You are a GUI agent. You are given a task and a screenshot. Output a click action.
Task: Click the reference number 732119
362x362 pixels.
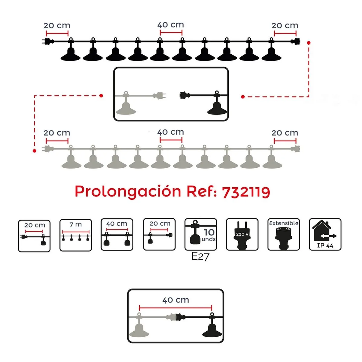tap(246, 192)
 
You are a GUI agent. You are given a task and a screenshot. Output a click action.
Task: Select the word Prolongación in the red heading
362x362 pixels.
tap(128, 192)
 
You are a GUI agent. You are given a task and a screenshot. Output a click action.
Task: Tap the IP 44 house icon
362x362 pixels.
tap(325, 235)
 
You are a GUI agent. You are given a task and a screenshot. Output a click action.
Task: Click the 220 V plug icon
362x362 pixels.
tap(242, 235)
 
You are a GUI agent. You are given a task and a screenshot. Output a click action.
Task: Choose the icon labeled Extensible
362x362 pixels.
tap(284, 235)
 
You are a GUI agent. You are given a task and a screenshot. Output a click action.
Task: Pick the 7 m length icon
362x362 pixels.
tap(76, 235)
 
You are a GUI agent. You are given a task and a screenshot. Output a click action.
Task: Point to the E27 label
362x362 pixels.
tap(200, 257)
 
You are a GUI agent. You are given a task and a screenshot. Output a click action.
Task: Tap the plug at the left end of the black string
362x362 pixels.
tap(47, 41)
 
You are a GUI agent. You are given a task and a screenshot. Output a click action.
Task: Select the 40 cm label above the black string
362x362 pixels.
tap(171, 25)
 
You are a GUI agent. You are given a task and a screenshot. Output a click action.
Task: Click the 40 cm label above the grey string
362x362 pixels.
tap(171, 132)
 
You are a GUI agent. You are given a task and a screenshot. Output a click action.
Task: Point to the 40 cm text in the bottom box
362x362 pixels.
tap(176, 300)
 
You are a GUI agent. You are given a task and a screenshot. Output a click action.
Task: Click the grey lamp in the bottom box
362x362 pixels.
tap(139, 329)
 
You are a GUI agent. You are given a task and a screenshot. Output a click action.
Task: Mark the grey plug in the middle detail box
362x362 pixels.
tap(159, 96)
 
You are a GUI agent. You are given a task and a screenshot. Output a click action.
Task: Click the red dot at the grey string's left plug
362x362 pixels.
tap(34, 151)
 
